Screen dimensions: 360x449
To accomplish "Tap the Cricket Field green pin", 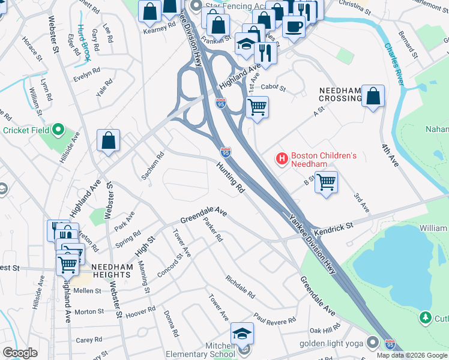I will pos(58,130).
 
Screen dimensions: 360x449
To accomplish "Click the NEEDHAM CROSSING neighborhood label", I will pos(340,94).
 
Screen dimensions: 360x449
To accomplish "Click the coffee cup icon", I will pos(294,26).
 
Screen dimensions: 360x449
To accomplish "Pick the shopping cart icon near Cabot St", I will pos(257,107).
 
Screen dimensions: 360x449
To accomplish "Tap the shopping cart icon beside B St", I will pos(326,181).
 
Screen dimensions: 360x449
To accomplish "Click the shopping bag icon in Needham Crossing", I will pos(373,95).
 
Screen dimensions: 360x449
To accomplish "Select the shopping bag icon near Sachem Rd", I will pos(109,141).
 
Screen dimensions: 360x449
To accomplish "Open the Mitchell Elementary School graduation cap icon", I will pos(242,333).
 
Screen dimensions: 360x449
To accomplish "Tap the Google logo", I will pos(20,353).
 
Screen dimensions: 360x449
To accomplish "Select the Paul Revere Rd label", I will pos(274,318).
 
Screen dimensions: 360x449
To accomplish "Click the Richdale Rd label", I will pos(240,287).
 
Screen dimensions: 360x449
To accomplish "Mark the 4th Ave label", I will pos(390,154).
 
